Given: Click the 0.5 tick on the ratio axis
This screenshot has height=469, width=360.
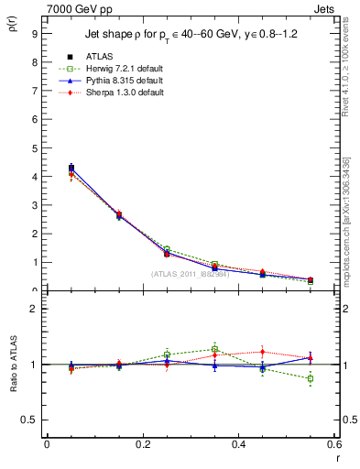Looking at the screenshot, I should pyautogui.click(x=30, y=420).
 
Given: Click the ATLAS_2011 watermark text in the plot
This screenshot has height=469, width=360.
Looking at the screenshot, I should pyautogui.click(x=190, y=274).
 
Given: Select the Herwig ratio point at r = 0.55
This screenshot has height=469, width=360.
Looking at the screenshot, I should pyautogui.click(x=311, y=378).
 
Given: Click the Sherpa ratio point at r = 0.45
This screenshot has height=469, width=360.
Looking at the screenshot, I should pyautogui.click(x=262, y=351).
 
